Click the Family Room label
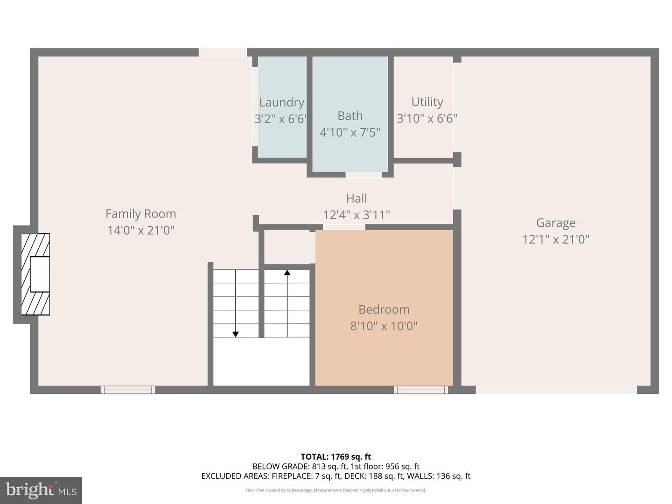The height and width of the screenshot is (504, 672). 140,214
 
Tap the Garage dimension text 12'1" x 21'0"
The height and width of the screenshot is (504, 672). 555,239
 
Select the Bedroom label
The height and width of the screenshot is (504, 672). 384,309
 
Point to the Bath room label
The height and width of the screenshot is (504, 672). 350,116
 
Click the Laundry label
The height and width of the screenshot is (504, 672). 281,102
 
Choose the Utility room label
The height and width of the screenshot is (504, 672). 427,102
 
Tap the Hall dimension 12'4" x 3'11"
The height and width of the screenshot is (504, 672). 357,215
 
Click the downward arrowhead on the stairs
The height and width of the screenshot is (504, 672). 236,334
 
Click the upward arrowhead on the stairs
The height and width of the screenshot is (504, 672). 287,272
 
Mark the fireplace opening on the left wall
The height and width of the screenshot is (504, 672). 40,274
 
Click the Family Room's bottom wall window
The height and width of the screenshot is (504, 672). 128,390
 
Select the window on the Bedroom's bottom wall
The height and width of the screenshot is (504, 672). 421,390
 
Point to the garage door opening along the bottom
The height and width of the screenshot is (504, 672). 556,390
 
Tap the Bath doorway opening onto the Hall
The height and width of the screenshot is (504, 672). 364,175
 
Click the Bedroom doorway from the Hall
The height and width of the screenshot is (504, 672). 344,227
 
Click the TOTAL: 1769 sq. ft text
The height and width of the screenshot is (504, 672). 336,457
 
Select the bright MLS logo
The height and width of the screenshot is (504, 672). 41,490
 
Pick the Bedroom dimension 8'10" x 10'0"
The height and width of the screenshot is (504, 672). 384,326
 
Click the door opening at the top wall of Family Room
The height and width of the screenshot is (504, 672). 223,52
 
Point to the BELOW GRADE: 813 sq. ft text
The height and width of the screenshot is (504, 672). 299,466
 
